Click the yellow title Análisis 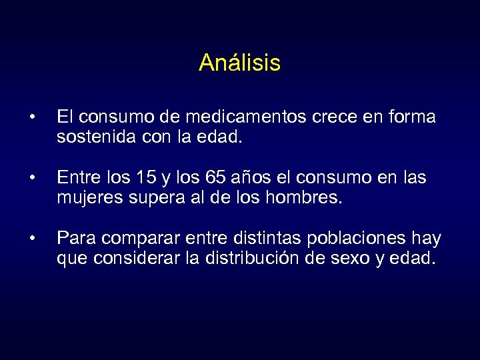pyautogui.click(x=239, y=63)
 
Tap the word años pyautogui.click(x=249, y=178)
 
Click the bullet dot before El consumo pyautogui.click(x=32, y=119)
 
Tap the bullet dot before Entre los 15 pyautogui.click(x=32, y=179)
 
